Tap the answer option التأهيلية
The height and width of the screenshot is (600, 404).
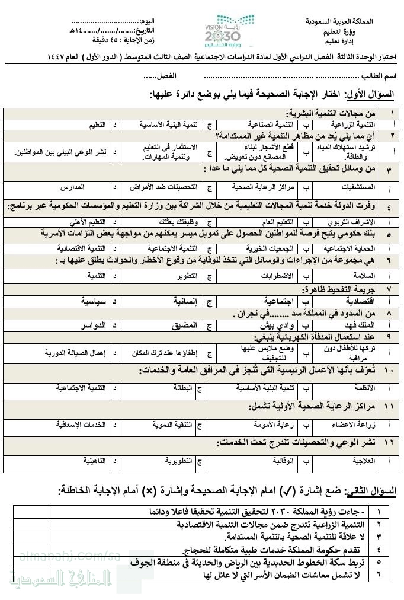(92, 459)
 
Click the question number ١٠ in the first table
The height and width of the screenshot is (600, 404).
(390, 371)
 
